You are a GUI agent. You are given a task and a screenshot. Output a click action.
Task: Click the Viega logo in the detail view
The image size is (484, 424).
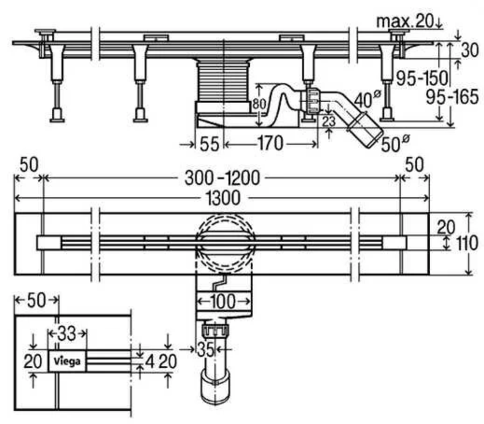(67, 361)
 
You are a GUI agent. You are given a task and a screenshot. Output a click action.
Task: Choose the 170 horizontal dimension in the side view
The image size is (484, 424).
(270, 143)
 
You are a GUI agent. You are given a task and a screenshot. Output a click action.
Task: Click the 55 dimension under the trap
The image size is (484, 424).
(209, 143)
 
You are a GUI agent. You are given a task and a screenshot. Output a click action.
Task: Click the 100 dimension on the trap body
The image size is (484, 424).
(223, 301)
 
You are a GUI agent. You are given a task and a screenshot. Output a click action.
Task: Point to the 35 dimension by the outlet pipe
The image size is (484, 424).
(206, 348)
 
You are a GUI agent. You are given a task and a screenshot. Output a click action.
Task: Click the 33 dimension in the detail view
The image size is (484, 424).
(67, 333)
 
